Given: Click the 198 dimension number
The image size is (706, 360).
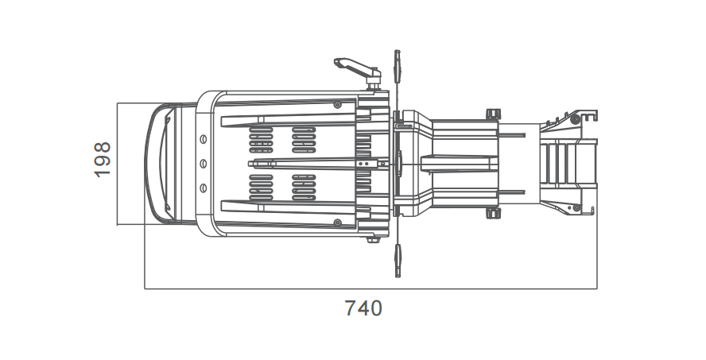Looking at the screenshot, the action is pyautogui.click(x=103, y=160).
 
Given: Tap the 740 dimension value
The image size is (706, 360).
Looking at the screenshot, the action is pyautogui.click(x=363, y=308).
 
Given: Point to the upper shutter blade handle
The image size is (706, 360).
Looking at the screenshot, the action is pyautogui.click(x=398, y=67).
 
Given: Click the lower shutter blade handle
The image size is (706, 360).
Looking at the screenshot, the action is pyautogui.click(x=398, y=260).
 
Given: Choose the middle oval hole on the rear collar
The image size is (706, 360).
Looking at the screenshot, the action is pyautogui.click(x=203, y=164).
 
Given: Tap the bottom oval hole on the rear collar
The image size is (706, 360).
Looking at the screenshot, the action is pyautogui.click(x=203, y=188).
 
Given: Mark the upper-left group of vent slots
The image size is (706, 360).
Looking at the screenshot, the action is pyautogui.click(x=261, y=140).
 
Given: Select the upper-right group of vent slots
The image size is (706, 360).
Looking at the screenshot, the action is pyautogui.click(x=304, y=140).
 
